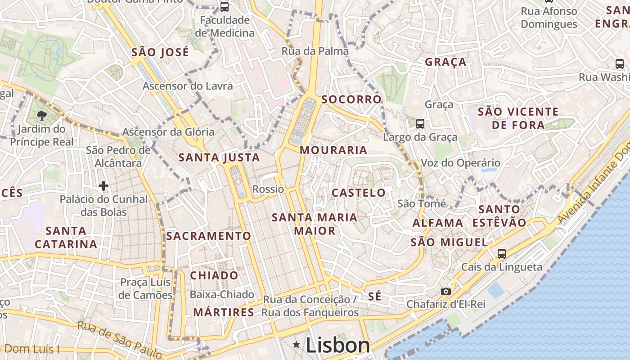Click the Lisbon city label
(x=337, y=345)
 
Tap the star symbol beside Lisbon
(x=296, y=345)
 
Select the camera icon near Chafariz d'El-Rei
(x=445, y=291)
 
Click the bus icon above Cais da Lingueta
(x=502, y=253)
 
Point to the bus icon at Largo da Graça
(x=420, y=123)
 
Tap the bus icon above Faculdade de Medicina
(x=224, y=7)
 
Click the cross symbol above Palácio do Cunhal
(x=103, y=185)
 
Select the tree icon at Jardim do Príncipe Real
(x=41, y=116)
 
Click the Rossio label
(x=268, y=189)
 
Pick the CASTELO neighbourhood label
(x=359, y=193)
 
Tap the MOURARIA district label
(x=333, y=150)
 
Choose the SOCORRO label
(x=351, y=99)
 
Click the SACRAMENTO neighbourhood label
(x=209, y=236)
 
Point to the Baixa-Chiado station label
(x=222, y=295)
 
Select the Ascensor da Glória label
(x=168, y=132)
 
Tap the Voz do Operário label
(x=460, y=163)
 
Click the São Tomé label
(x=422, y=204)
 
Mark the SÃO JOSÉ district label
(x=160, y=52)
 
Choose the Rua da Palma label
(x=315, y=51)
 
